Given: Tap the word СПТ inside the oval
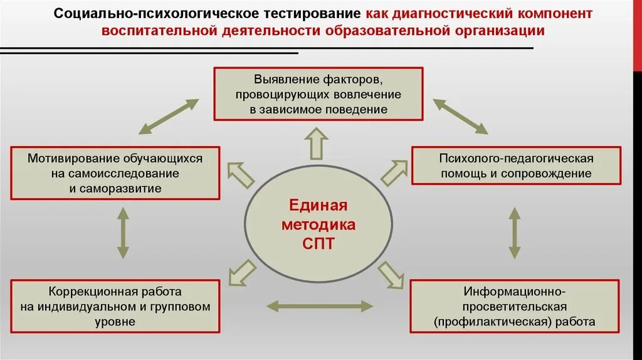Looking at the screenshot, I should click(x=318, y=245).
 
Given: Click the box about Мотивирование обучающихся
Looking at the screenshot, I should click(x=115, y=173).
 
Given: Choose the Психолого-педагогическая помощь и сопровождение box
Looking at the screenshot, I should click(x=516, y=166).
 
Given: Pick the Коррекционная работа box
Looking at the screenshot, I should click(x=115, y=307).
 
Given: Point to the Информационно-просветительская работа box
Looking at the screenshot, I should click(x=515, y=307).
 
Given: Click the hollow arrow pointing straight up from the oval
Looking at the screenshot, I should click(x=317, y=143).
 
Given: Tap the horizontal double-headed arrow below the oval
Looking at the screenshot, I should click(x=319, y=306).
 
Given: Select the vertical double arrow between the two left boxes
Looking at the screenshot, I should click(x=123, y=233).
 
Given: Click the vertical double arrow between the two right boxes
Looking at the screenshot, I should click(x=514, y=233).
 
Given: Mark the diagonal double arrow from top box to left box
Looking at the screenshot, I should click(x=168, y=116).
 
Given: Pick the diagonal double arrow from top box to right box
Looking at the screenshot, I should click(x=461, y=116).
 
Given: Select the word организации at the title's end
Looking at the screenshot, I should click(x=498, y=31).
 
